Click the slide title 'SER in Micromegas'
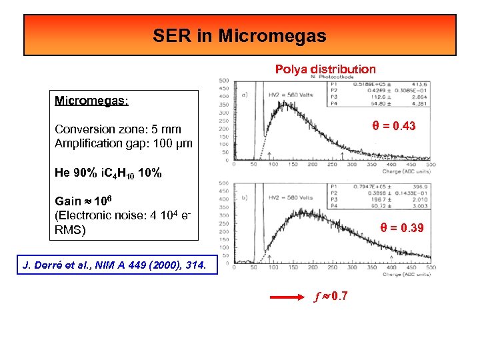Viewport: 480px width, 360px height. click(239, 35)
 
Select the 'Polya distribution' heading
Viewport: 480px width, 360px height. click(325, 69)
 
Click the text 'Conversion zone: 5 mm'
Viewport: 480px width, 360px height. click(118, 129)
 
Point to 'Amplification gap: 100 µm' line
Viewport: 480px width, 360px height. click(123, 143)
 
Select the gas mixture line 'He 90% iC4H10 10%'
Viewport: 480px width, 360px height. click(108, 173)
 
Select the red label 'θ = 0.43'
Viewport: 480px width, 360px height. click(393, 125)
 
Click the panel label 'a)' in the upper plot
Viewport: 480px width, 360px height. click(245, 95)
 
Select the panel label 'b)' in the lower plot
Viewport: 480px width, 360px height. click(245, 197)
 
